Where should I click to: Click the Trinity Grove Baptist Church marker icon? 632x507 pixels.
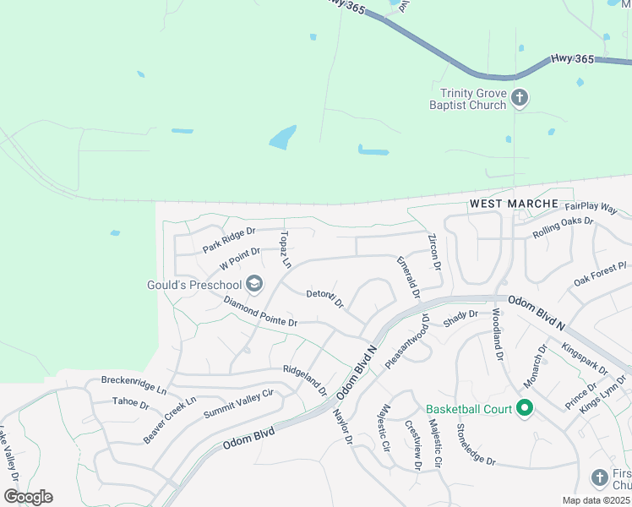(x=520, y=99)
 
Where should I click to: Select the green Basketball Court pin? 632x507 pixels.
(x=524, y=409)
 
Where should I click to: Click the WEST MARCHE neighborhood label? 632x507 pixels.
(x=514, y=204)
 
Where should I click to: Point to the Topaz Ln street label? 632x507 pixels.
(x=285, y=249)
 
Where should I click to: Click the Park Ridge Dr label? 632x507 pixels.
(x=228, y=240)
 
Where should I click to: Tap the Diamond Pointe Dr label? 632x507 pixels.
(x=260, y=311)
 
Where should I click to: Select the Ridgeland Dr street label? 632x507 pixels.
(x=305, y=380)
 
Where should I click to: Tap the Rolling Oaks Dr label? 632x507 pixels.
(x=564, y=228)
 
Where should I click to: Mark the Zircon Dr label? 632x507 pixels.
(x=434, y=252)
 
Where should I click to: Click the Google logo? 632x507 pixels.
(x=29, y=497)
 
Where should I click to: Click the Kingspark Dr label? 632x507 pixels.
(x=584, y=358)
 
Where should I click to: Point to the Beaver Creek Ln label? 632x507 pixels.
(x=169, y=420)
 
